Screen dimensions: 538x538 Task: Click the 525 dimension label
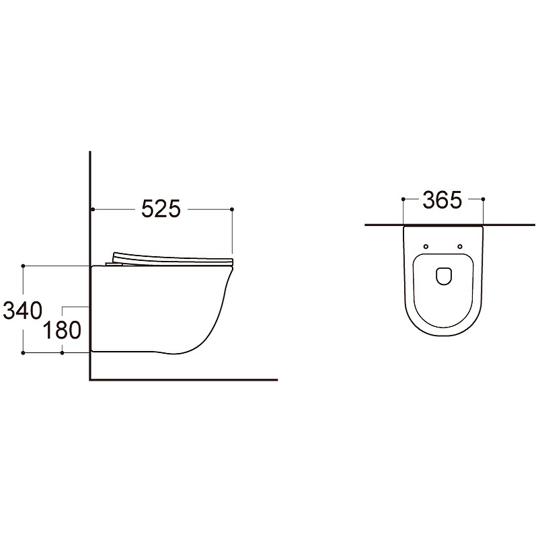[161, 208]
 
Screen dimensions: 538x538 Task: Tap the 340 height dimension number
[23, 311]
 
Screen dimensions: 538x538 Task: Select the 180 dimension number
[62, 330]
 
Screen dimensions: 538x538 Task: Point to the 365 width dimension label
[443, 200]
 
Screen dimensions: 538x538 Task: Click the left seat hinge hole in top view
[426, 246]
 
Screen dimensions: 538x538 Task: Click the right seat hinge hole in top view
[460, 246]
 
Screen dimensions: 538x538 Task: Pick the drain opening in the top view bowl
[443, 276]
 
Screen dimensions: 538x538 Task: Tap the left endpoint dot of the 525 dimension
[93, 209]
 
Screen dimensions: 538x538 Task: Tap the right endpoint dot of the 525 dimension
[232, 209]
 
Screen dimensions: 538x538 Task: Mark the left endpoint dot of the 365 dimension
[403, 199]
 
